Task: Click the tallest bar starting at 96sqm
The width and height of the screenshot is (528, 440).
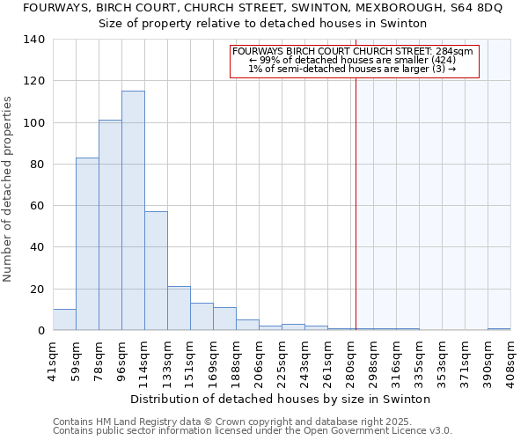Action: click(x=133, y=210)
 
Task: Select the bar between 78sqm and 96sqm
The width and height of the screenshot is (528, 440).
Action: click(x=110, y=225)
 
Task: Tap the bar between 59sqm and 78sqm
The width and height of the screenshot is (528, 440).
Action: click(x=87, y=244)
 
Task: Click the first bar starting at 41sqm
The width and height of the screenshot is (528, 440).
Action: click(x=64, y=320)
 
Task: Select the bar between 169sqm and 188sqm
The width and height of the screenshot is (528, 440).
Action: click(x=224, y=319)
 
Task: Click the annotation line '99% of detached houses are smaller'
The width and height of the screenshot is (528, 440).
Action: click(x=352, y=60)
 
